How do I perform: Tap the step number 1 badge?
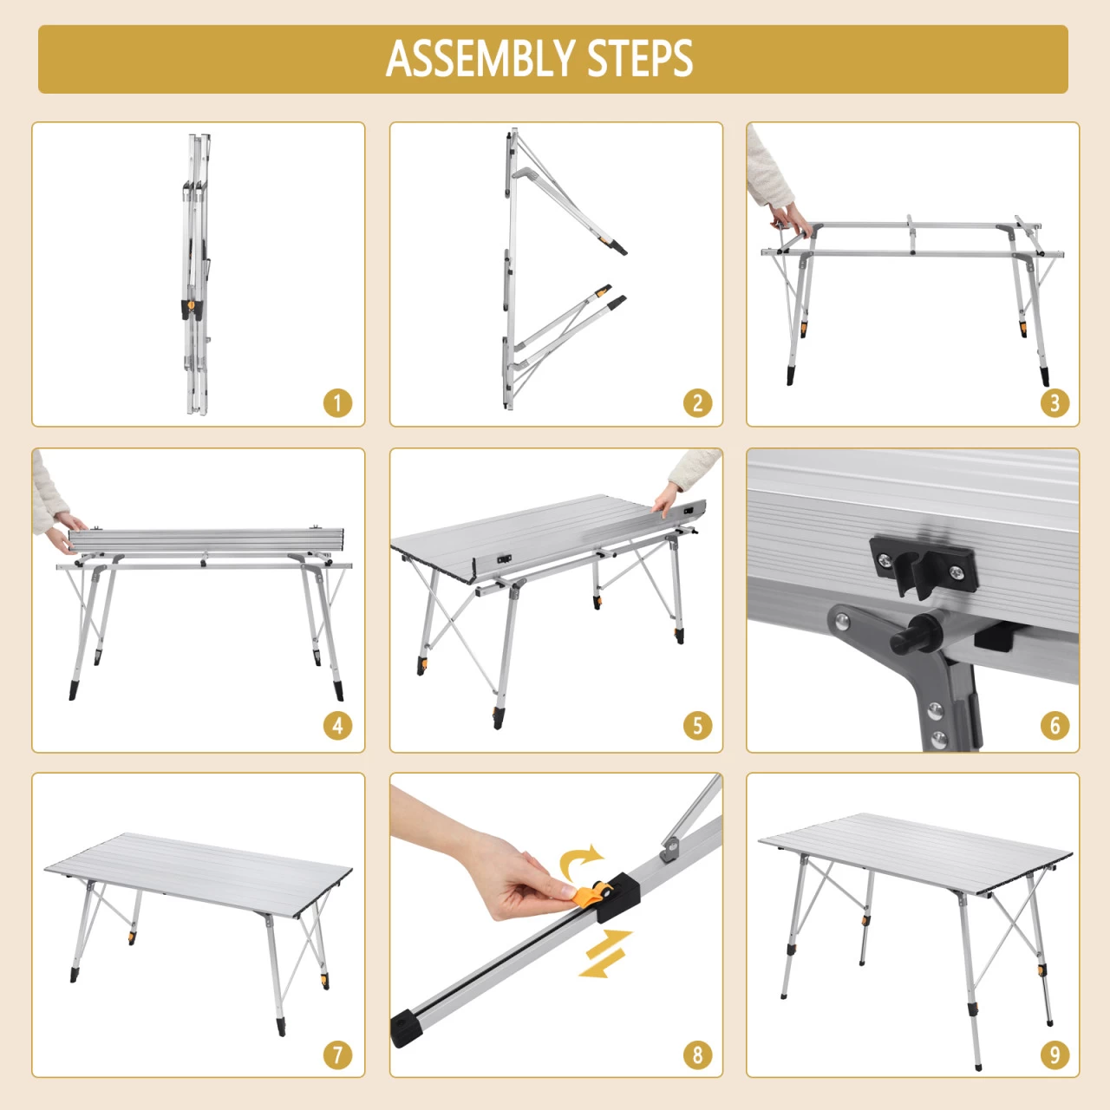337,402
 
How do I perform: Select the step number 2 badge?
697,402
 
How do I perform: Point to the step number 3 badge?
1054,402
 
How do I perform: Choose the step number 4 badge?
337,726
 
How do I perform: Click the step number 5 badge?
697,726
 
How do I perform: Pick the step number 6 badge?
1054,726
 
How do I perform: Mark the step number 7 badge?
337,1055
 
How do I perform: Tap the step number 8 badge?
697,1055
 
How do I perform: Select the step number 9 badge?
1054,1055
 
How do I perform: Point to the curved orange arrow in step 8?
580,860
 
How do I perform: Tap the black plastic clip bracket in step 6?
923,565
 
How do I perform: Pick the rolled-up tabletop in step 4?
206,540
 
